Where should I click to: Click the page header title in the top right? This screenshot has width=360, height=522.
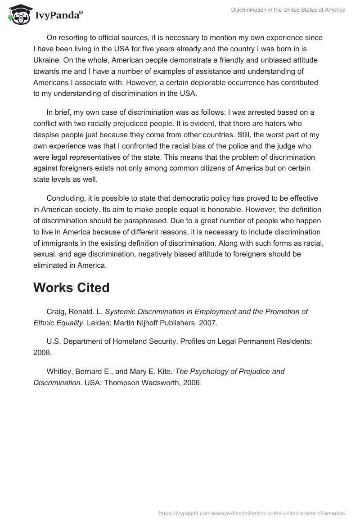[x=288, y=10]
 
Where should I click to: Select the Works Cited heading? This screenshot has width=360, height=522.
[x=71, y=288]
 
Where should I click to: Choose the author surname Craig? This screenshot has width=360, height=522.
[x=56, y=311]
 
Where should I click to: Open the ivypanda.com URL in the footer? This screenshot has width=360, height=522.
[x=252, y=513]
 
